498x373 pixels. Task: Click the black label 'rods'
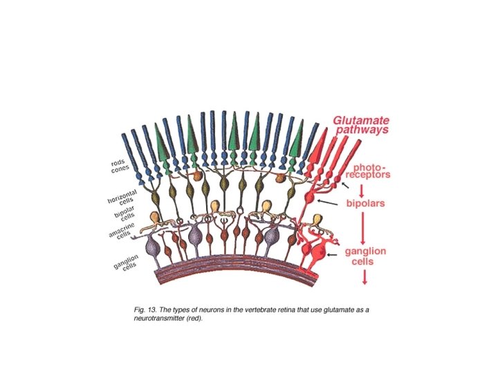118,164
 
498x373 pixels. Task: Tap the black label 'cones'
121,171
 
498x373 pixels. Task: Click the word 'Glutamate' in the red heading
361,120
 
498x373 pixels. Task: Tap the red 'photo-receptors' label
370,171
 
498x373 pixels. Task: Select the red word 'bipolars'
365,204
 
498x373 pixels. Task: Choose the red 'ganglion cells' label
365,256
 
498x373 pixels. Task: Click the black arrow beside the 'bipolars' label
329,203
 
